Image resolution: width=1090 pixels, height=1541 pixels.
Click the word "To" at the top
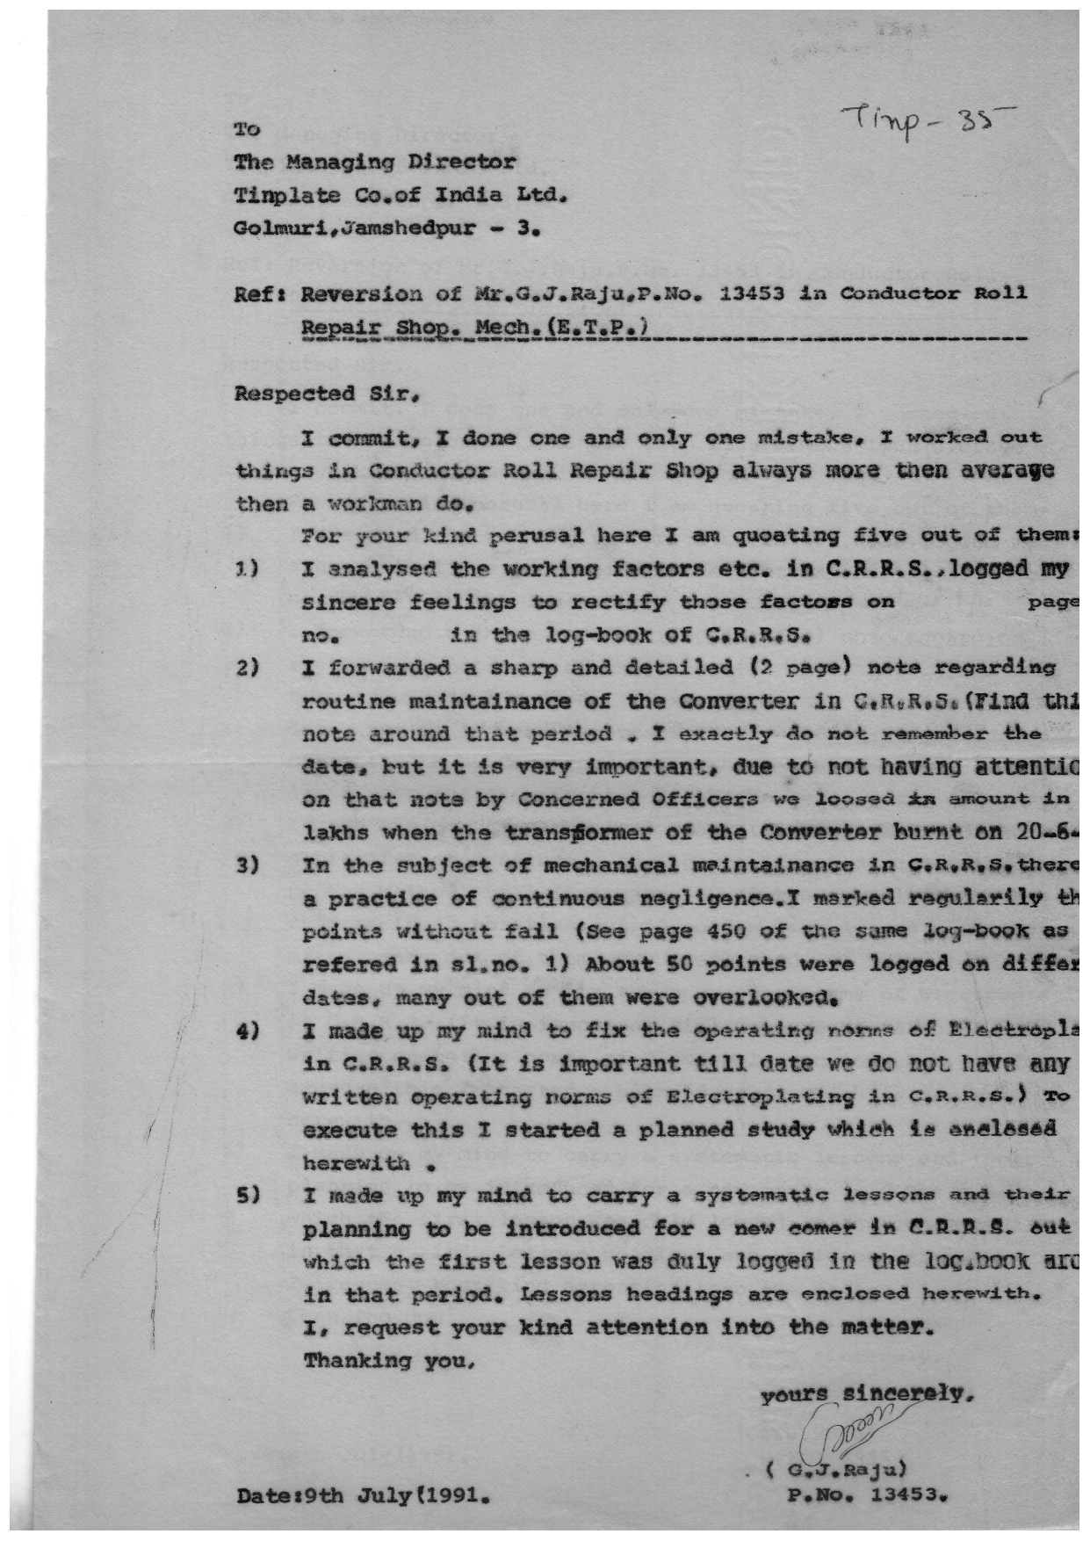tap(247, 130)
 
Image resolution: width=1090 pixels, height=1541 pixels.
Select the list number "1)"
tap(245, 568)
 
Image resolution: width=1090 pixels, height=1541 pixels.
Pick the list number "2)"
tap(245, 668)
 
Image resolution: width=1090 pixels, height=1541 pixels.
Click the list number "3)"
tap(245, 865)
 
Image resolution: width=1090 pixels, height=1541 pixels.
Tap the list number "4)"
tap(245, 1031)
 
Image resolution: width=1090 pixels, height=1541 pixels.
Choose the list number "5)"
tap(245, 1195)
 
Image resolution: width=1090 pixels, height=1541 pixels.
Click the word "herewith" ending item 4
tap(356, 1163)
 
